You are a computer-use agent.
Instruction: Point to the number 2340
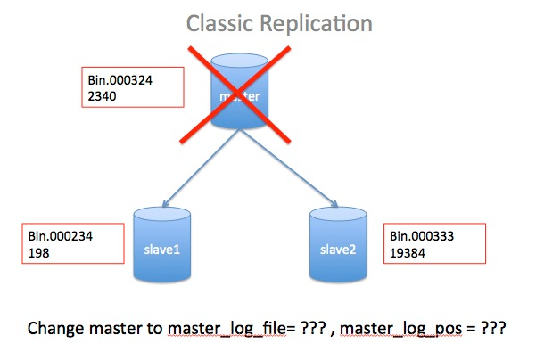[100, 94]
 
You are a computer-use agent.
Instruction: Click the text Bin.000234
[59, 237]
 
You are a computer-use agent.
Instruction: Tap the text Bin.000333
[425, 237]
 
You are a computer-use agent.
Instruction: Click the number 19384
[409, 253]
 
